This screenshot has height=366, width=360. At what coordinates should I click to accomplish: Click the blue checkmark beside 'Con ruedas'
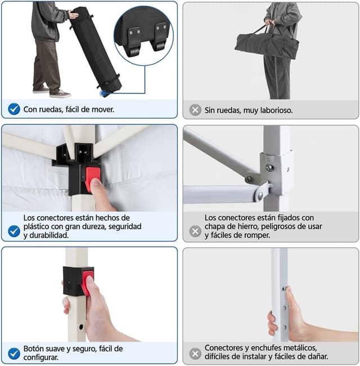point(14,109)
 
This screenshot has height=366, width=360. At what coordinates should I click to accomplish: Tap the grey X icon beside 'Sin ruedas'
point(195,110)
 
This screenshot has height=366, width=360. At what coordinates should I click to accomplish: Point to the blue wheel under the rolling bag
point(105,93)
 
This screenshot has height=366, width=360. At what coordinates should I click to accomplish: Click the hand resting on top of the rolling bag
point(74,15)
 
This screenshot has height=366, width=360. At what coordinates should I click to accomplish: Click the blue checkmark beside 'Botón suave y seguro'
point(14,354)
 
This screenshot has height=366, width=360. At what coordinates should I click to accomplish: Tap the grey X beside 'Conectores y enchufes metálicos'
point(195,354)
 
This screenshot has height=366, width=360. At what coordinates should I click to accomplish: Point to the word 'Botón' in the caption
point(34,349)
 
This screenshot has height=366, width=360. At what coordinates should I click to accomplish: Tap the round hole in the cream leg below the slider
point(81,327)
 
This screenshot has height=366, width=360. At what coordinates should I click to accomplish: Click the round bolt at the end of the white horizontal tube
point(259,195)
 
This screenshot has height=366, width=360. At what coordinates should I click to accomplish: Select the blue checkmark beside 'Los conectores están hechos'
point(14,231)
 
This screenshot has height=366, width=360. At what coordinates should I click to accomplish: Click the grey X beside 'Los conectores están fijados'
point(195,231)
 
